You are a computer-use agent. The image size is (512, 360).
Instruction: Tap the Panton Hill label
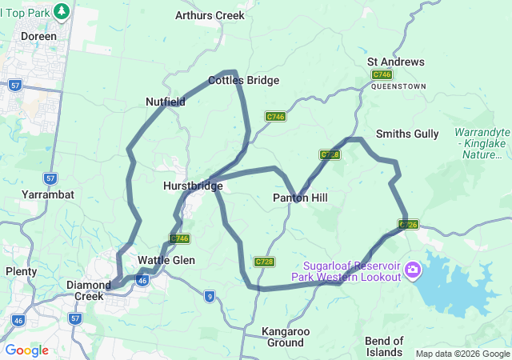300,197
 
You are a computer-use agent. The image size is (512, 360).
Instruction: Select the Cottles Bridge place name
243,80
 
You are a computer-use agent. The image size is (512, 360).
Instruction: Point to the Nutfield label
166,102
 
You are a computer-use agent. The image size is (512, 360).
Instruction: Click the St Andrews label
396,62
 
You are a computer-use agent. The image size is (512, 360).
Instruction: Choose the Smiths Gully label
407,134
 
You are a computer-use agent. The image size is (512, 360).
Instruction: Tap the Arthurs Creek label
210,15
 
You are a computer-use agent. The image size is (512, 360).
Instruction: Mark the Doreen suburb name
39,37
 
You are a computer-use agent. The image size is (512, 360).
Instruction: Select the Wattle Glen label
166,260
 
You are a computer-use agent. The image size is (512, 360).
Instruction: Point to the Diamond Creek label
88,290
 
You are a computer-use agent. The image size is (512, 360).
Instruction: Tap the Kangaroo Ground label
282,336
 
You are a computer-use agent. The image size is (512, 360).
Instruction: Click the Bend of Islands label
390,346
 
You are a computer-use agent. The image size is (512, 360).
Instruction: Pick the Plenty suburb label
21,271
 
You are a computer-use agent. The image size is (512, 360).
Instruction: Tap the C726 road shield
408,225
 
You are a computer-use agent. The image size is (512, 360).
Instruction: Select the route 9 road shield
209,296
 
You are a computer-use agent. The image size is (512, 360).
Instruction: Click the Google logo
26,350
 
